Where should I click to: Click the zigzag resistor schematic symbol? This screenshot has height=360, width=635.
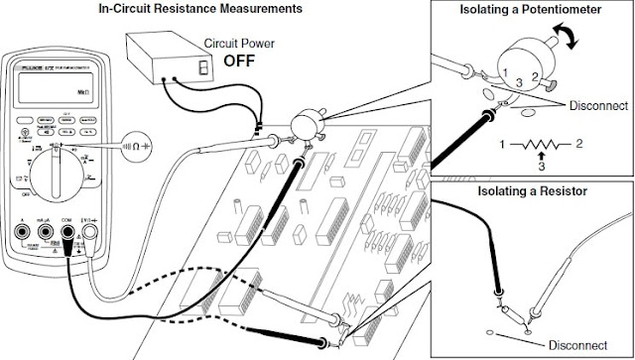pyautogui.click(x=541, y=145)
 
